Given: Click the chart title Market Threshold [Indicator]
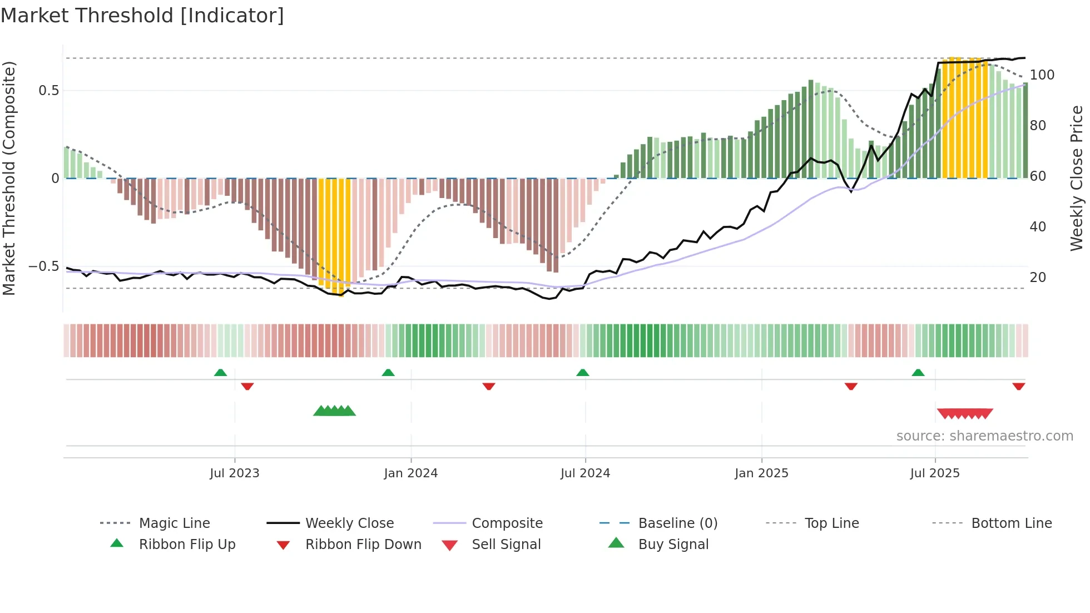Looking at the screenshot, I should point(142,16).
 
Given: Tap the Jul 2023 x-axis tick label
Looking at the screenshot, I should point(234,473).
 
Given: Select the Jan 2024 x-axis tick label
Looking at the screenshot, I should point(410,473).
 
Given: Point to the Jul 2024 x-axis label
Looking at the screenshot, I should point(585,473).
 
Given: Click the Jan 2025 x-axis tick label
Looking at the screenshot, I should point(761,473).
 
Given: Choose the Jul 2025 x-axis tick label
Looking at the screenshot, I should point(935,473).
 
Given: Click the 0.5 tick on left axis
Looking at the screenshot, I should point(49,91).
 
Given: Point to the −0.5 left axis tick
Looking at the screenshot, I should point(44,266).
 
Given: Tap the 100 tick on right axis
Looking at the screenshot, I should point(1042,75).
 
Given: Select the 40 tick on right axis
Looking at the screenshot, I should point(1038,227).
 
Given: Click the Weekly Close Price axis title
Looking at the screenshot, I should point(1077,178).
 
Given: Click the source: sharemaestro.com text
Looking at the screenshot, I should point(984,436).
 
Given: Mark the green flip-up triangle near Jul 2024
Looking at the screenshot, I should point(582,373).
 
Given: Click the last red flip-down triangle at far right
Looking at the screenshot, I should point(1018,387).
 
